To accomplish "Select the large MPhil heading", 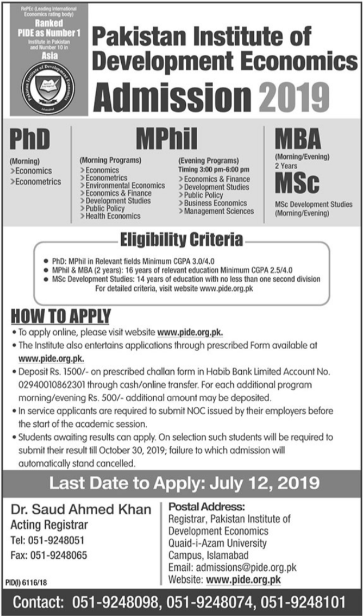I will click(167, 138).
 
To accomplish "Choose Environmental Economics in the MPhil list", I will click(126, 186).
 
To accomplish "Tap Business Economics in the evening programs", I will click(215, 203).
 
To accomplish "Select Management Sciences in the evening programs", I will click(218, 211).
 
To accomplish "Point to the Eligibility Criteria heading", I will click(182, 238).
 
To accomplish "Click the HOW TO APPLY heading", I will click(61, 315).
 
